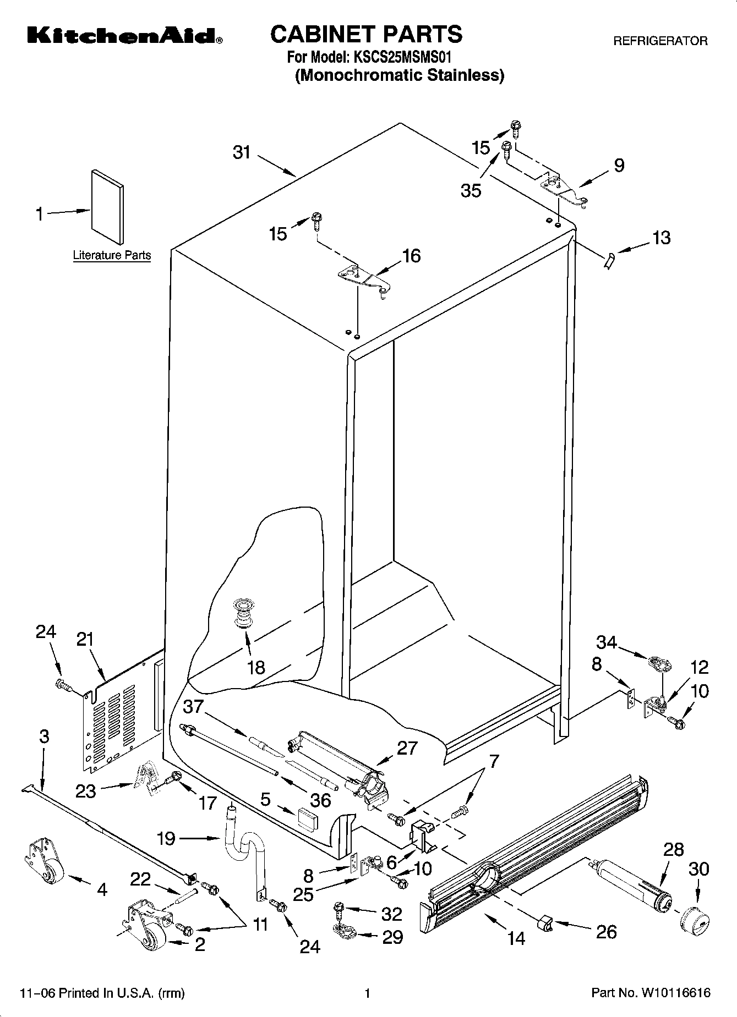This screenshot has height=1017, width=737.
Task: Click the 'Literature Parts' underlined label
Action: pyautogui.click(x=112, y=255)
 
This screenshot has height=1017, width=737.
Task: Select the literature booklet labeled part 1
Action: pyautogui.click(x=107, y=206)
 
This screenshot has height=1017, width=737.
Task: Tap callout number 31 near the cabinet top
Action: pyautogui.click(x=242, y=152)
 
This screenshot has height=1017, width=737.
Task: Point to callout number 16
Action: pyautogui.click(x=411, y=256)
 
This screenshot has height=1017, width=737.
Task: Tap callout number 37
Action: pyautogui.click(x=193, y=706)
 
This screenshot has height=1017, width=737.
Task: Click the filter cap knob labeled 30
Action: pyautogui.click(x=694, y=919)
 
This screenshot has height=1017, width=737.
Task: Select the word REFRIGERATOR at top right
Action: pyautogui.click(x=660, y=41)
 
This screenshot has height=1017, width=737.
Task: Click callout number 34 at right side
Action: pyautogui.click(x=607, y=642)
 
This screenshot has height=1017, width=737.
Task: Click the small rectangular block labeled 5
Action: pyautogui.click(x=307, y=818)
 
